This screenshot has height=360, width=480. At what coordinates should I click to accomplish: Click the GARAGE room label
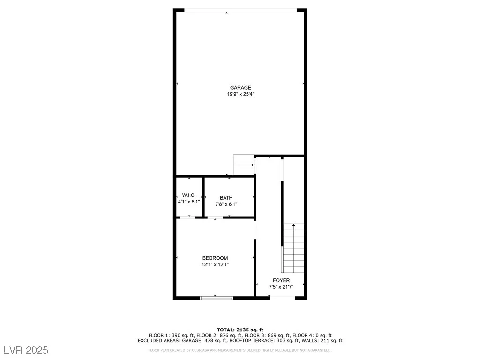pos(240,88)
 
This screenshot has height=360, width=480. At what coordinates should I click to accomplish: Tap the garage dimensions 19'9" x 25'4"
pos(240,94)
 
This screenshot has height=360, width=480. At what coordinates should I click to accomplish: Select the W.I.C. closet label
pos(188,195)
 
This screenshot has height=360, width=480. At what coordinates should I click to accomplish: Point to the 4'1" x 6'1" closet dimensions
pos(189,202)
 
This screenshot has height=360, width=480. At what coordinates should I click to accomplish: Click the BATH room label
pos(226,198)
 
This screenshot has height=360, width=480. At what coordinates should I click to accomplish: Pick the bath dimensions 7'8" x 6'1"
pos(226,204)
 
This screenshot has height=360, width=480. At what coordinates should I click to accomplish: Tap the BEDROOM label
pos(215,258)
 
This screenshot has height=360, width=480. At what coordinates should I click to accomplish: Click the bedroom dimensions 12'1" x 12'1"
pos(215,265)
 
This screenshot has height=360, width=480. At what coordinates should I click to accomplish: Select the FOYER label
pos(281,280)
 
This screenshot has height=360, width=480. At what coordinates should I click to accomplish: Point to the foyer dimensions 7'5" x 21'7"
pos(281,287)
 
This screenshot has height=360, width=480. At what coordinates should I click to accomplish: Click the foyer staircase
pos(293,248)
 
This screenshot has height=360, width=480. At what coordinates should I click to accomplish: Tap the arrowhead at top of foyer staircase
pos(294,225)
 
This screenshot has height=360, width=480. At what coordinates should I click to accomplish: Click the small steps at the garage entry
pos(243,165)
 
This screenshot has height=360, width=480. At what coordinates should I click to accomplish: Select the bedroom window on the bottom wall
pos(217,298)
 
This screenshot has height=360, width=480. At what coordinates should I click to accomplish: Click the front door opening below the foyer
pos(282,298)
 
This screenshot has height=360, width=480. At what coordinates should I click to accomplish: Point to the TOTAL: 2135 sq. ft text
pos(240,330)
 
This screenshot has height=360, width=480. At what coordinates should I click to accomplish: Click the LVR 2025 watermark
pos(26,350)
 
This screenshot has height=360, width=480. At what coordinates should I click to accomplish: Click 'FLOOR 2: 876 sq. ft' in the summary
pos(220,336)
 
